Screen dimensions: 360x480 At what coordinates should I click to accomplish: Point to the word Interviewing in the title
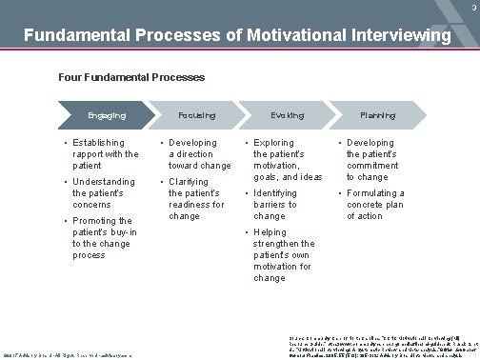pos(391,36)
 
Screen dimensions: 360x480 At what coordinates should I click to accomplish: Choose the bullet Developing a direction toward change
pos(198,153)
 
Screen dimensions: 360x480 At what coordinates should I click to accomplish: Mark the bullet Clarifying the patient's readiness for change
pos(197,198)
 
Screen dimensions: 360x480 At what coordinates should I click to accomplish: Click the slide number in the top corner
pos(471,6)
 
